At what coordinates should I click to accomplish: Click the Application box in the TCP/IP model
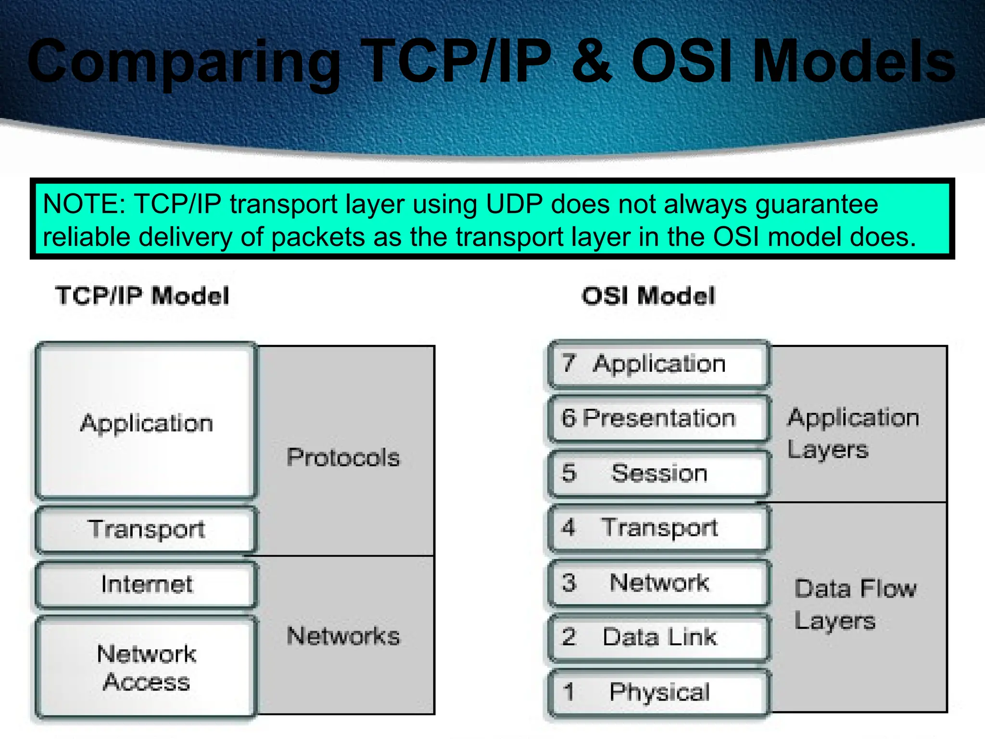click(146, 422)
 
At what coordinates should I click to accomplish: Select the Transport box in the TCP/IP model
click(146, 529)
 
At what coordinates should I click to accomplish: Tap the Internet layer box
click(146, 584)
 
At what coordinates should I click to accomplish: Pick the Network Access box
click(146, 668)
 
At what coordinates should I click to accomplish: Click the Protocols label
click(343, 457)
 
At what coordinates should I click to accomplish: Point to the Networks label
click(343, 636)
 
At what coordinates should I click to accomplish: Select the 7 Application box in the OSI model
click(659, 364)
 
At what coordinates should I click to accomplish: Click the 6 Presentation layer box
click(659, 418)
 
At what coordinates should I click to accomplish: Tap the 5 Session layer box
click(659, 473)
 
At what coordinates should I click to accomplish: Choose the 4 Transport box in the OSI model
click(659, 528)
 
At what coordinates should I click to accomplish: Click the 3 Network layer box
click(659, 583)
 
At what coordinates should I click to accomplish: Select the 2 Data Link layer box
click(659, 637)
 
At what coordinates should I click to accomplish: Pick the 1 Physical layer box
click(659, 692)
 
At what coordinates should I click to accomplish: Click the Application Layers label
click(853, 433)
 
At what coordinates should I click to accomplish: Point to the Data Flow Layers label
click(855, 604)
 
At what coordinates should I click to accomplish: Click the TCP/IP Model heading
click(142, 295)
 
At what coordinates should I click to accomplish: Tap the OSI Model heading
click(648, 295)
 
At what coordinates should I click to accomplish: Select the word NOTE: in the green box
click(84, 204)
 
